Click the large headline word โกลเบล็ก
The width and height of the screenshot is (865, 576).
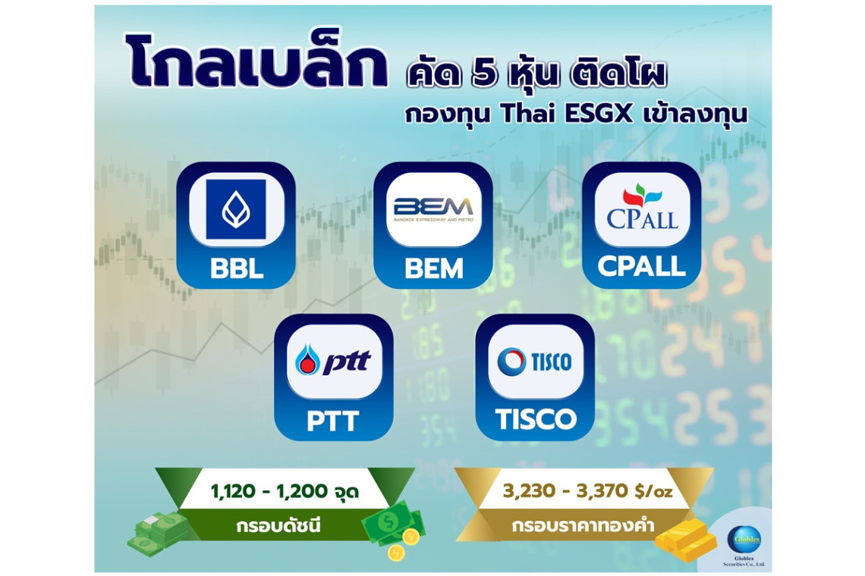pyautogui.click(x=257, y=61)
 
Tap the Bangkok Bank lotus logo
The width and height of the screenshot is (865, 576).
pyautogui.click(x=236, y=209)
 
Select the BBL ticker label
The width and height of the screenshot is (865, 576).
pyautogui.click(x=236, y=269)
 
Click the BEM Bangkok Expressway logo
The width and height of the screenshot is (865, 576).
pyautogui.click(x=433, y=209)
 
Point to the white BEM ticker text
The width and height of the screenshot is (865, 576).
pyautogui.click(x=433, y=269)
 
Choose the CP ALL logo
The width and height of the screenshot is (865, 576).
pyautogui.click(x=642, y=207)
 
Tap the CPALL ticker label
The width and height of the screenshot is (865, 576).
pyautogui.click(x=642, y=267)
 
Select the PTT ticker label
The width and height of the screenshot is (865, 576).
pyautogui.click(x=332, y=421)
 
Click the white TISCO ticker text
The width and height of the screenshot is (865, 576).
pyautogui.click(x=536, y=419)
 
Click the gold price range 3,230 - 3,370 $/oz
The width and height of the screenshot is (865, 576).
pyautogui.click(x=587, y=490)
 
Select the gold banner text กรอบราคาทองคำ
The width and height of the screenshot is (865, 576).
pyautogui.click(x=583, y=524)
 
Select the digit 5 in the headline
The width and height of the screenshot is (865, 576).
pyautogui.click(x=484, y=74)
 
